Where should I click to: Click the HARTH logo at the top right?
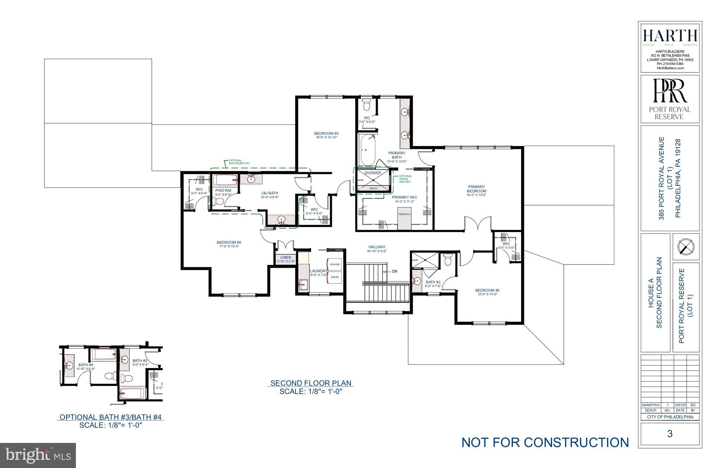tap(670, 36)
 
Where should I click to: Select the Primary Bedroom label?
tap(476, 189)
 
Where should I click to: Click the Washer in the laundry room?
tap(335, 264)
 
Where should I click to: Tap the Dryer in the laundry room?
tap(335, 277)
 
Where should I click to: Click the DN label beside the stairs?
tap(394, 272)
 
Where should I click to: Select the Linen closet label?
tap(286, 257)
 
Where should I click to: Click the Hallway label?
tap(377, 247)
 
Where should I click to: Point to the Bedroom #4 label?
tap(229, 242)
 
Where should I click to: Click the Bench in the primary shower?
tap(373, 188)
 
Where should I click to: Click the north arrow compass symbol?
tap(686, 247)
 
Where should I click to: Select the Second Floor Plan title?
tap(311, 383)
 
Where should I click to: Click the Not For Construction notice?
tap(545, 442)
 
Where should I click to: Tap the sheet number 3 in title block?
tap(670, 434)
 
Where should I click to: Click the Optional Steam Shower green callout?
tap(405, 179)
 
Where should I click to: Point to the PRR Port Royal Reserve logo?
tap(670, 99)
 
